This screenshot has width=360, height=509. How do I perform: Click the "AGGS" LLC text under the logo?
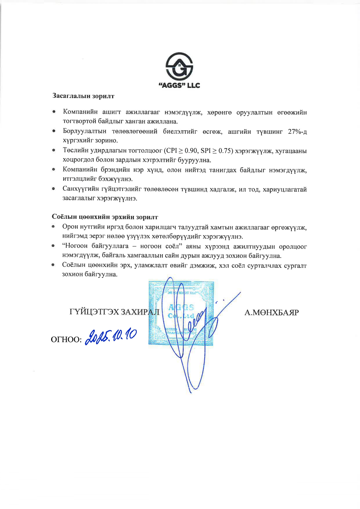point(179,85)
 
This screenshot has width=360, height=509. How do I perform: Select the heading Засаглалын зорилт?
point(83,96)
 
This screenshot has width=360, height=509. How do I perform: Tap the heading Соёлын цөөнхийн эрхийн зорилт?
point(105,217)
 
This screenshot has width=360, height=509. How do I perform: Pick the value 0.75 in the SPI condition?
point(225,151)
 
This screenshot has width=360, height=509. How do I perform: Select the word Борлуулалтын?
point(84,131)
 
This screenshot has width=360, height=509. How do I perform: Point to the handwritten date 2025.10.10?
point(110,337)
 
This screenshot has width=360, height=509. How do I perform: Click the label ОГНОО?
point(66,340)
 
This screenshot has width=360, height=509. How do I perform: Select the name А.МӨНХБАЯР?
point(271,313)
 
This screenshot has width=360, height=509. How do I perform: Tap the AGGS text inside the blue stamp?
point(181,307)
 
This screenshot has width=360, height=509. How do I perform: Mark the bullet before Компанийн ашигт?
point(54,112)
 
